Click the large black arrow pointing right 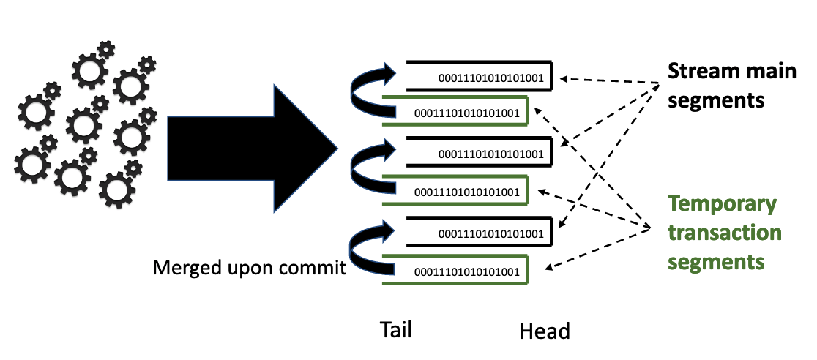pos(253,149)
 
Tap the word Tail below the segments pos(396,330)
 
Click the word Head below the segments pos(545,331)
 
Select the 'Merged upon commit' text pos(249,269)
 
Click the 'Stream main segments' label pos(731,86)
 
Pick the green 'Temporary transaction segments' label pos(724,233)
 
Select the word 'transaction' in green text pos(725,233)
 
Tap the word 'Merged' pos(186,269)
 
